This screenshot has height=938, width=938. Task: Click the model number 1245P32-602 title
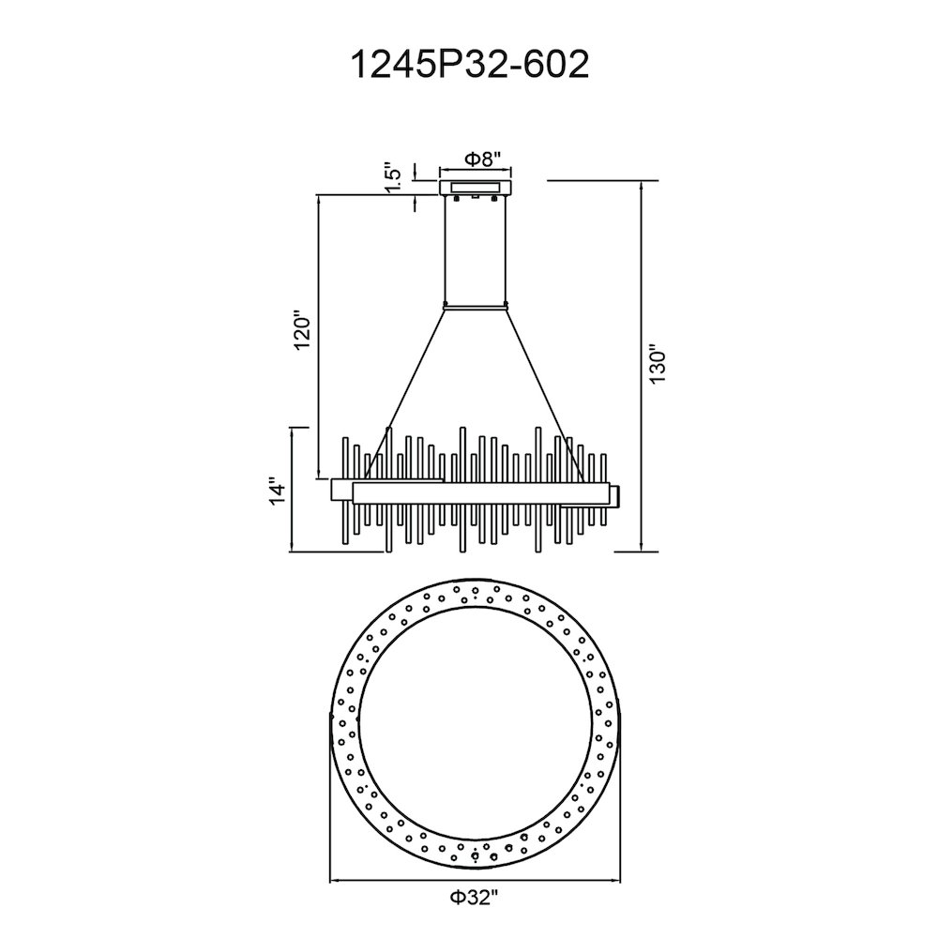point(469,64)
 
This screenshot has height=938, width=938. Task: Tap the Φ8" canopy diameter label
point(481,159)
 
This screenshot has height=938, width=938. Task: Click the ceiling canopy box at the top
point(476,187)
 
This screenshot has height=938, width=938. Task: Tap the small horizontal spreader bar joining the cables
point(476,308)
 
